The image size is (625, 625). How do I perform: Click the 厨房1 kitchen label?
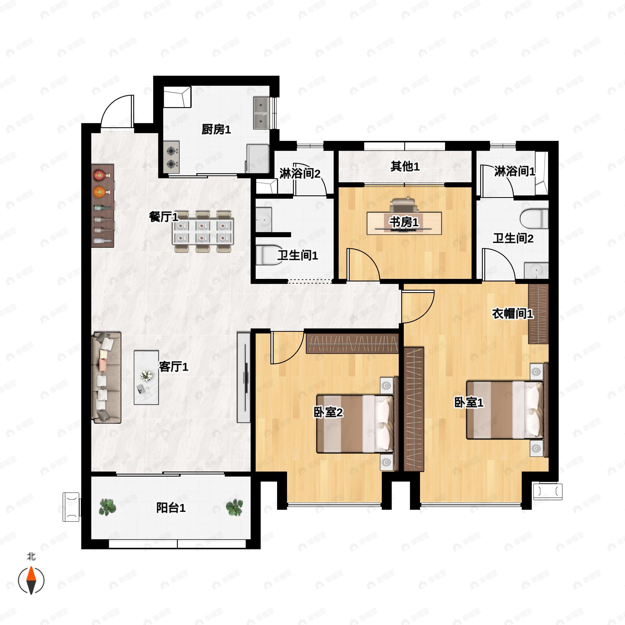coord(216,130)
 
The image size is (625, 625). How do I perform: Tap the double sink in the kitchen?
coord(261,113)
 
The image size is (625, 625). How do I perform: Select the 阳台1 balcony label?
coord(171,508)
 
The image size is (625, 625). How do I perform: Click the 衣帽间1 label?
coord(512,314)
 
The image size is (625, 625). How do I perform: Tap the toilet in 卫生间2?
coord(534,219)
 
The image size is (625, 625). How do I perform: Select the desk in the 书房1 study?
coord(404,223)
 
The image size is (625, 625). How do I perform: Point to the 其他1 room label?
coord(405,167)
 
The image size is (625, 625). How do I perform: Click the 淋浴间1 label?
coord(514,171)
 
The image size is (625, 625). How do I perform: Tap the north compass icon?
coord(31,580)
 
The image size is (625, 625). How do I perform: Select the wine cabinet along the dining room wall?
coord(103,206)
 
